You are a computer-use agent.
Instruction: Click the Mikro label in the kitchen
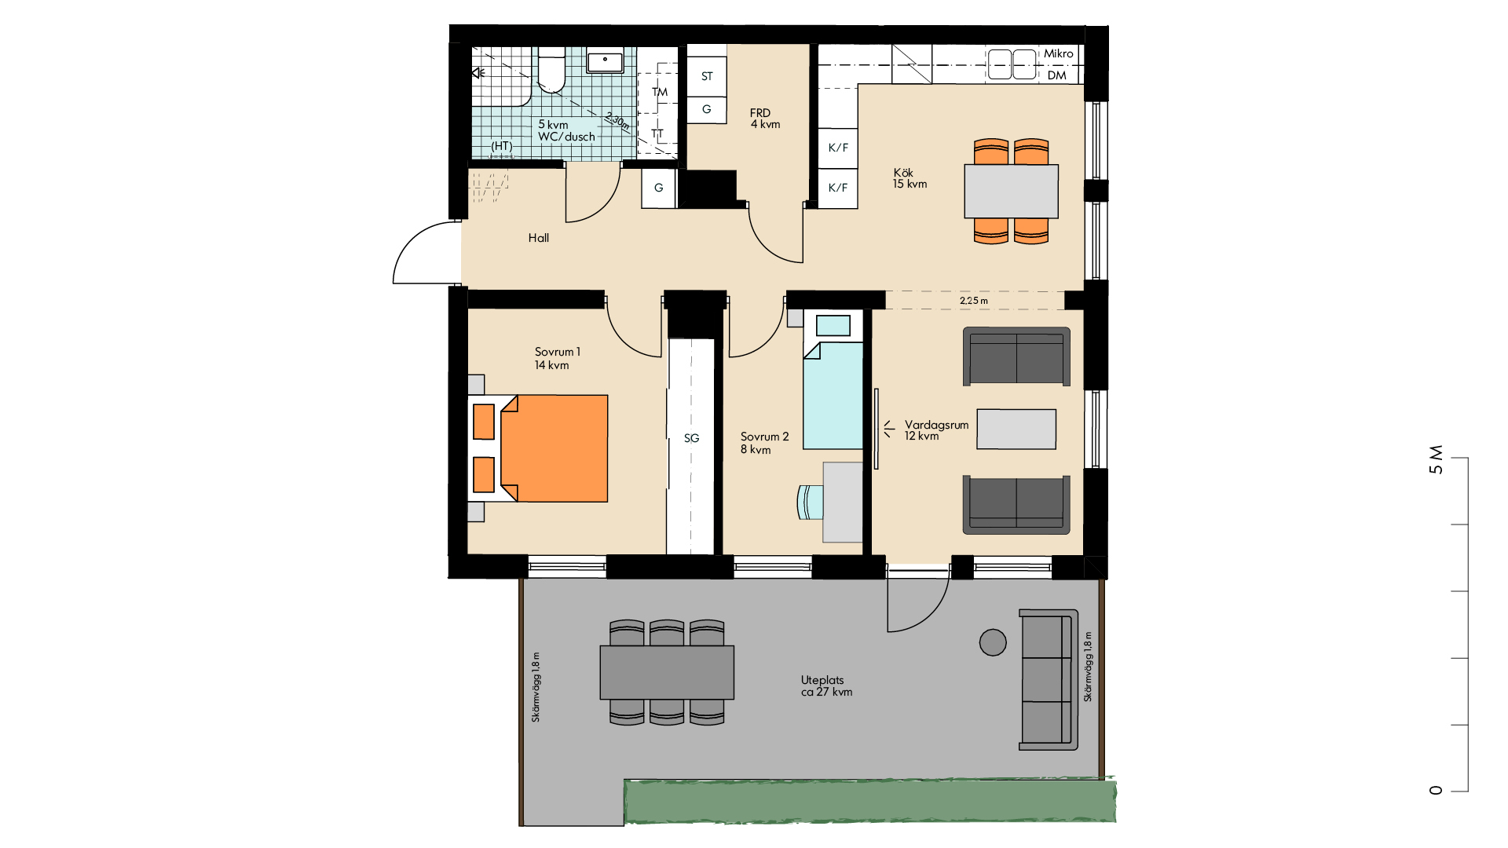(x=1058, y=53)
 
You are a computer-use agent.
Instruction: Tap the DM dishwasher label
(x=1057, y=75)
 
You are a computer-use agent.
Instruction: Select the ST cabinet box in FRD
(x=707, y=76)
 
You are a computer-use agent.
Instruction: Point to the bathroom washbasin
(x=605, y=60)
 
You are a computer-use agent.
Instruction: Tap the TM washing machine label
(x=660, y=92)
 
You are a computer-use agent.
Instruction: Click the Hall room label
(x=539, y=238)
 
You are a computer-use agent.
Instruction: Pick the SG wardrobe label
(x=691, y=438)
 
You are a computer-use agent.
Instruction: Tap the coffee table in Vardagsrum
(x=1016, y=429)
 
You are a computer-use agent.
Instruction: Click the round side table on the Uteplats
(x=993, y=642)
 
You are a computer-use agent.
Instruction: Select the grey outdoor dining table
(x=667, y=672)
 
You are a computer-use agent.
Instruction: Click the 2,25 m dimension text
(x=974, y=301)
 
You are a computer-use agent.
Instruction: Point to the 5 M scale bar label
(x=1436, y=460)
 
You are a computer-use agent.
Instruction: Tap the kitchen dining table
(x=1012, y=191)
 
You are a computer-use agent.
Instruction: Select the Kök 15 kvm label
(x=910, y=178)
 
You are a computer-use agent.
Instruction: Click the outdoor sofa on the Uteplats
(x=1049, y=679)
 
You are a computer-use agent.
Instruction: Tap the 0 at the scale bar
(x=1436, y=791)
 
